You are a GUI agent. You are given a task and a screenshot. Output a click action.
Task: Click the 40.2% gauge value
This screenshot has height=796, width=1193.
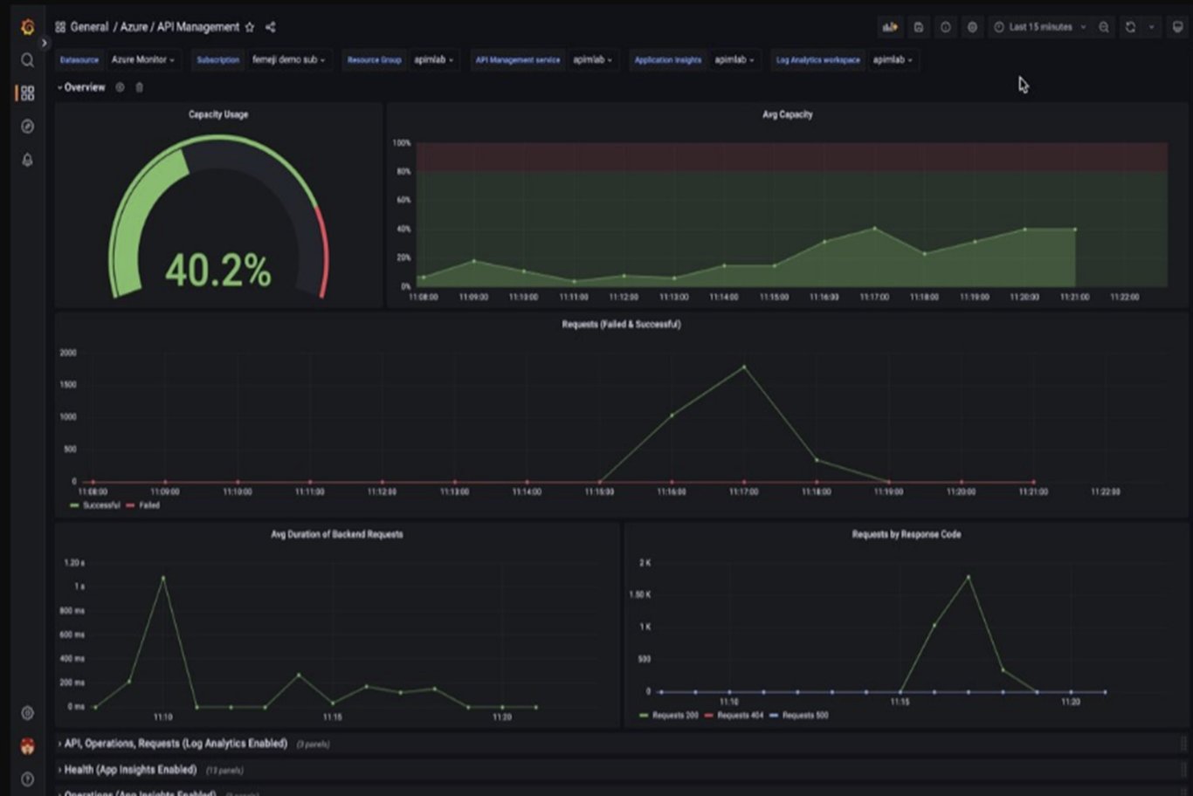tap(217, 271)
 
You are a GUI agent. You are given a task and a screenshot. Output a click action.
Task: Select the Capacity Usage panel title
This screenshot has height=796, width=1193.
tap(217, 114)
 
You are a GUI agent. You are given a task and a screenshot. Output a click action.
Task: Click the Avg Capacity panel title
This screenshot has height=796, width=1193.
tap(787, 114)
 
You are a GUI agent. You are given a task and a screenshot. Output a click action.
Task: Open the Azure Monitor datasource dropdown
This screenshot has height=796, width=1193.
tap(143, 60)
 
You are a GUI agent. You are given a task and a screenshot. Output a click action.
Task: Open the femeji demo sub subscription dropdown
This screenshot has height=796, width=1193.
tap(288, 60)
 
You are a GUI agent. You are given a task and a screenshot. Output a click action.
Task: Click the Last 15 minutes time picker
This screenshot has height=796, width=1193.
tap(1040, 27)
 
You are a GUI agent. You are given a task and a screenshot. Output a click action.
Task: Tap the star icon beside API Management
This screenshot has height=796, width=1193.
tap(250, 27)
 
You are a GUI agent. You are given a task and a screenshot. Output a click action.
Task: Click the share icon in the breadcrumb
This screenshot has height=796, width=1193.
tap(271, 27)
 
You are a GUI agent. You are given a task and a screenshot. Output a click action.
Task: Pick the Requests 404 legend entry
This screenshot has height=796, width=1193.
tap(739, 716)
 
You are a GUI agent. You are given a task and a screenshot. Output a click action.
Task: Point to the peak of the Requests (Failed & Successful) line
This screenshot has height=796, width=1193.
tap(744, 367)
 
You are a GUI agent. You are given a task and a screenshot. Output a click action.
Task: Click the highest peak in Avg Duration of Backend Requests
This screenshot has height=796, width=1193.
tap(163, 577)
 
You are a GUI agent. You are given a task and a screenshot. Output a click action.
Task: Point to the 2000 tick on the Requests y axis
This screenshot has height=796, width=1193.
tap(68, 353)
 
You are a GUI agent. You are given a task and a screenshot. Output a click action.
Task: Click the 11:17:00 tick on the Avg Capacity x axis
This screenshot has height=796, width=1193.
tap(874, 298)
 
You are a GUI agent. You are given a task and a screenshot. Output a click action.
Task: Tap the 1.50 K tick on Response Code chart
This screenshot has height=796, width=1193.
tap(640, 595)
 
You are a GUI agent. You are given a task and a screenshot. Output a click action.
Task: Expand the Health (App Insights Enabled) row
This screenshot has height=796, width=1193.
tap(130, 770)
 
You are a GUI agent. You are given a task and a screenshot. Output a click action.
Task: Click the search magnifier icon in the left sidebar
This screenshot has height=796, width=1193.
tap(27, 60)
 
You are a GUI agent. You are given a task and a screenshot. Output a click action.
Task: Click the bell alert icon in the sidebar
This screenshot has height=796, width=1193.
tap(27, 160)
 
